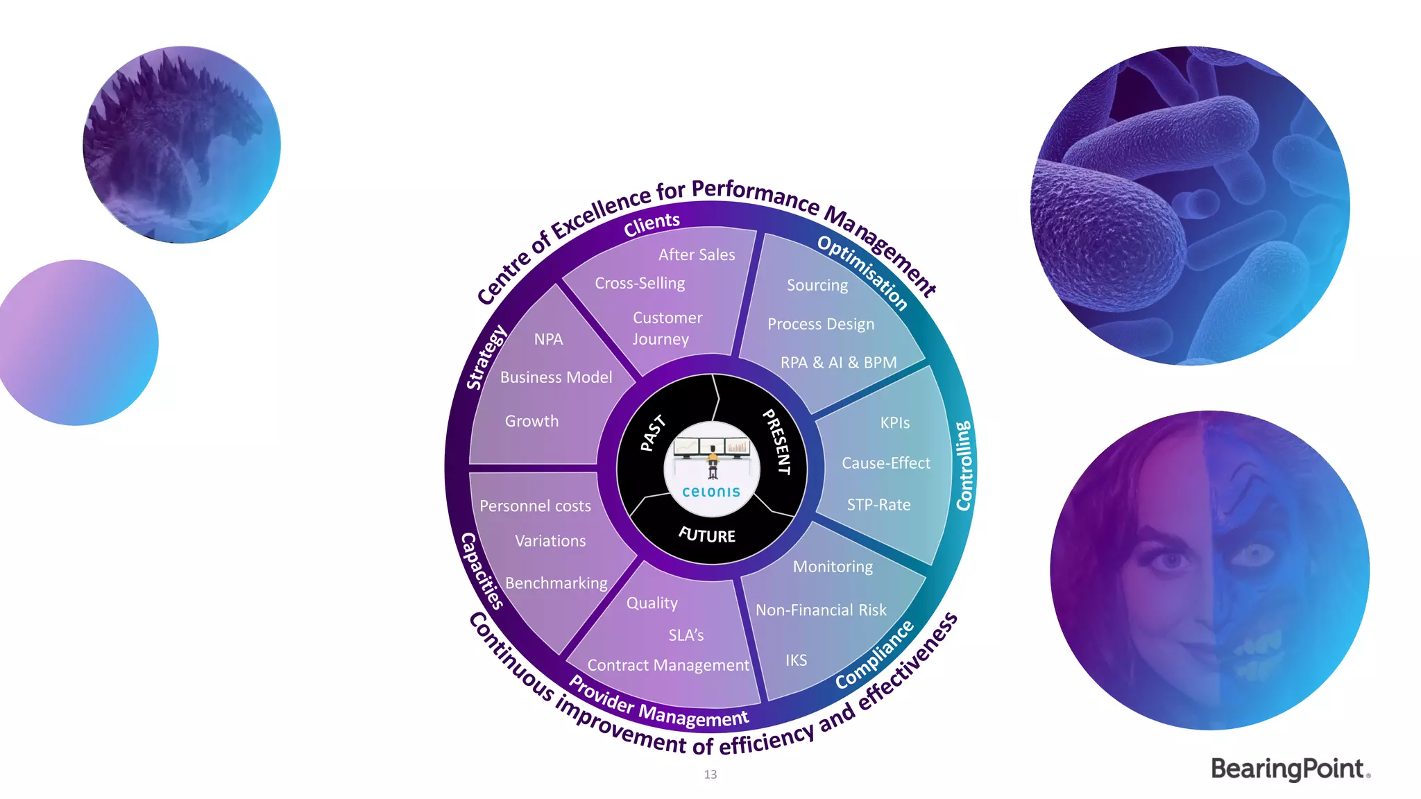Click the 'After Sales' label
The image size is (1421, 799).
(697, 255)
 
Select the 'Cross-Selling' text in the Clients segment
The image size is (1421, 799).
(640, 284)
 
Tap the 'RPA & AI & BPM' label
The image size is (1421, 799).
(838, 363)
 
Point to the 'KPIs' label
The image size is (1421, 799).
(894, 423)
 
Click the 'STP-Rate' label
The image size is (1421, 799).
(878, 505)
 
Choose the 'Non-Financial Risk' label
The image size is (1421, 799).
(821, 610)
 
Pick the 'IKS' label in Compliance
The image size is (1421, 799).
(796, 660)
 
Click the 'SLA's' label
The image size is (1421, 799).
(686, 635)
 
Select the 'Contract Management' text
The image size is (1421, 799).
(668, 666)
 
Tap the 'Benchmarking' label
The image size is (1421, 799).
(556, 583)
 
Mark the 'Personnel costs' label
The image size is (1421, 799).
(535, 506)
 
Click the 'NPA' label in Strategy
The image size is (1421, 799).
(548, 340)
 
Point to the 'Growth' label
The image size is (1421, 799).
(531, 422)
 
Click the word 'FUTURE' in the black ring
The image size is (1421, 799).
(707, 535)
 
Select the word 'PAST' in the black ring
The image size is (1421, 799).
(652, 433)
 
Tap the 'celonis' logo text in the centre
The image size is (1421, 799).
(711, 492)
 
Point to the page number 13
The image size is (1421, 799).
(710, 775)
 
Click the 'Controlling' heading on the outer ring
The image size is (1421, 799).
(964, 465)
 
